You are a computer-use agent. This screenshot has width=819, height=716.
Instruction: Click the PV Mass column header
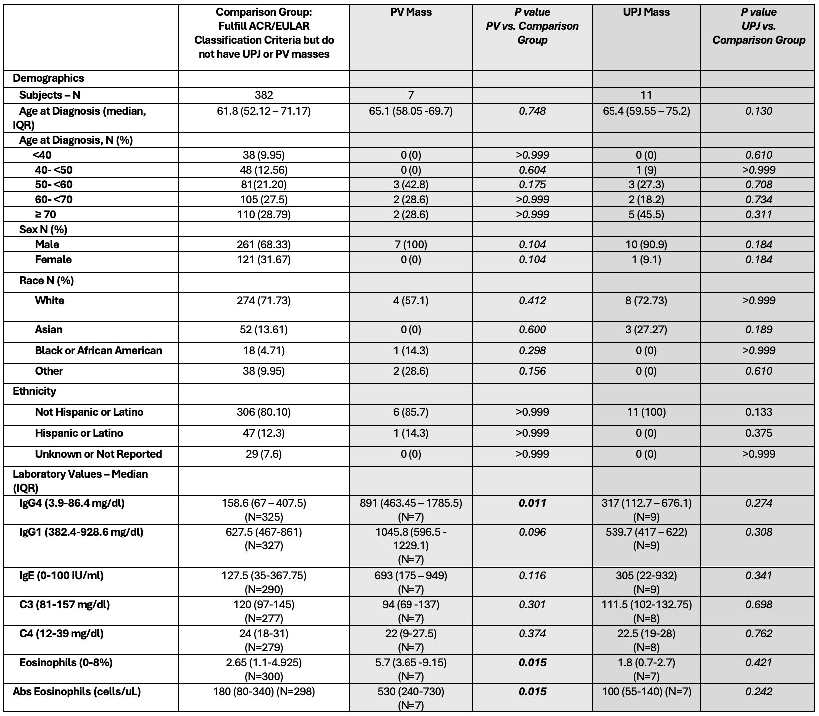tap(410, 12)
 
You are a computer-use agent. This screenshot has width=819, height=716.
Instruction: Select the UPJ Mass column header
tap(646, 12)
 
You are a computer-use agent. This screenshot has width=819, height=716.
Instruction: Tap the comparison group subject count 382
tap(264, 95)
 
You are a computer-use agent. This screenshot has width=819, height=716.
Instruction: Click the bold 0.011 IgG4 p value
tap(532, 503)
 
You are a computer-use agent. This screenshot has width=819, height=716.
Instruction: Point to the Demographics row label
tap(48, 78)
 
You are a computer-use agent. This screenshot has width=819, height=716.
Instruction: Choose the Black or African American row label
tap(98, 350)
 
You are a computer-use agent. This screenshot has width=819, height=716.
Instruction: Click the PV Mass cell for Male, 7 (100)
tap(410, 244)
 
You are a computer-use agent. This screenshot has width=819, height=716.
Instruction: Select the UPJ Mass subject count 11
tap(646, 95)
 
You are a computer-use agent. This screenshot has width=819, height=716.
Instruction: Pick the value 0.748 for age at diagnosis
tap(532, 111)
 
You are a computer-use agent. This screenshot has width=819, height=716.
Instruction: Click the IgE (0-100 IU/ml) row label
tap(61, 575)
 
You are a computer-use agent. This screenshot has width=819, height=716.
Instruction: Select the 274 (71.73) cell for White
tap(264, 300)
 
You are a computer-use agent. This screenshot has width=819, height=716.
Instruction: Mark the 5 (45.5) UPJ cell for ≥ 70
tap(646, 214)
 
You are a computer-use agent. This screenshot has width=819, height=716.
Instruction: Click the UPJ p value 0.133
tap(758, 412)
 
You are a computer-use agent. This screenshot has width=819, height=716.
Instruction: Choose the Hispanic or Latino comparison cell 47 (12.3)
tap(264, 433)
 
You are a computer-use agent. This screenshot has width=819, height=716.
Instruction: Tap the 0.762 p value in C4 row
tap(758, 633)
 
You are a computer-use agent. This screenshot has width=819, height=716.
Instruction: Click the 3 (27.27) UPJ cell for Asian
tap(646, 329)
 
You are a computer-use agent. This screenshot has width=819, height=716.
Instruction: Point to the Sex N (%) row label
tap(43, 229)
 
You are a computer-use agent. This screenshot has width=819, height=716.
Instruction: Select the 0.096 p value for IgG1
tap(532, 532)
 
